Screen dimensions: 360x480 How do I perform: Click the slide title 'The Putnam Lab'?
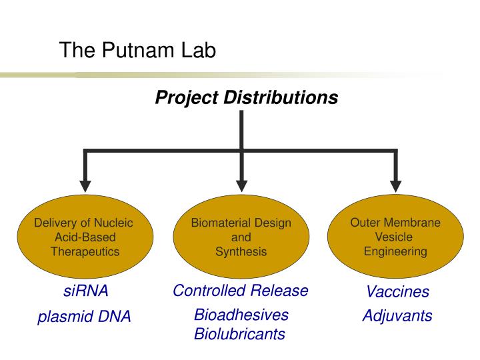[x=137, y=51]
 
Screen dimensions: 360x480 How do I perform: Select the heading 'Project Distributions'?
[x=246, y=98]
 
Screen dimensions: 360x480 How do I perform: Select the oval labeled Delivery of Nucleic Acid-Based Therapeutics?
[x=85, y=237]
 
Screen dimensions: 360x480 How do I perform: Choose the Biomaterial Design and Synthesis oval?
[x=241, y=237]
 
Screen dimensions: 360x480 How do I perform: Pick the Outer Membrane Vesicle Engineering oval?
[x=395, y=237]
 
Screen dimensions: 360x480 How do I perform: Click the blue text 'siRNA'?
[x=85, y=291]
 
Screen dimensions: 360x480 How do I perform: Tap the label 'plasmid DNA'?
[x=84, y=317]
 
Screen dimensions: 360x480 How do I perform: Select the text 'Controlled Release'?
[x=241, y=291]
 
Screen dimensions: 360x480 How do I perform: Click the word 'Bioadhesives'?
[x=241, y=315]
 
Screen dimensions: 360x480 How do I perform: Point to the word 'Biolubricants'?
[x=239, y=334]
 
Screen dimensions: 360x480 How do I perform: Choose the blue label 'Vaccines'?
[x=397, y=292]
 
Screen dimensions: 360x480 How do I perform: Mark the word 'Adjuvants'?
[x=397, y=315]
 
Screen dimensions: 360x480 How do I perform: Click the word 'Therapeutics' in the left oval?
[x=85, y=252]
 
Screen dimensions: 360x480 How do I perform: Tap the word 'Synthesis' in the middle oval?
[x=241, y=252]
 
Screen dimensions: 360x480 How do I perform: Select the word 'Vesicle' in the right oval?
[x=395, y=237]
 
